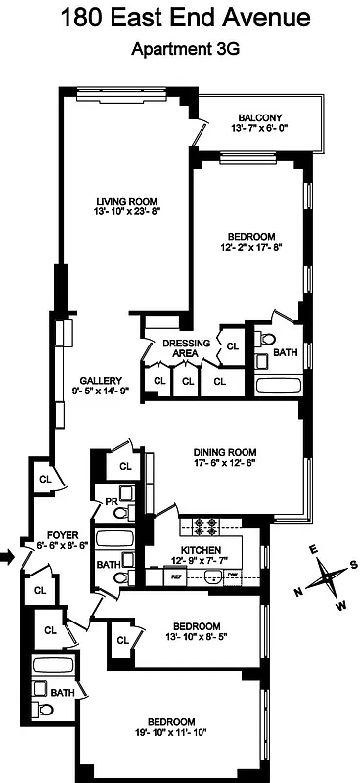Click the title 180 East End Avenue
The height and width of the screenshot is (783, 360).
(179, 18)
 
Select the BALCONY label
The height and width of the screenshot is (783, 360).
(261, 115)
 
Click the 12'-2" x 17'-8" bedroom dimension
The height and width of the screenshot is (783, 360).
(251, 249)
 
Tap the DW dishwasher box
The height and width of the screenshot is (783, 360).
(232, 577)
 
